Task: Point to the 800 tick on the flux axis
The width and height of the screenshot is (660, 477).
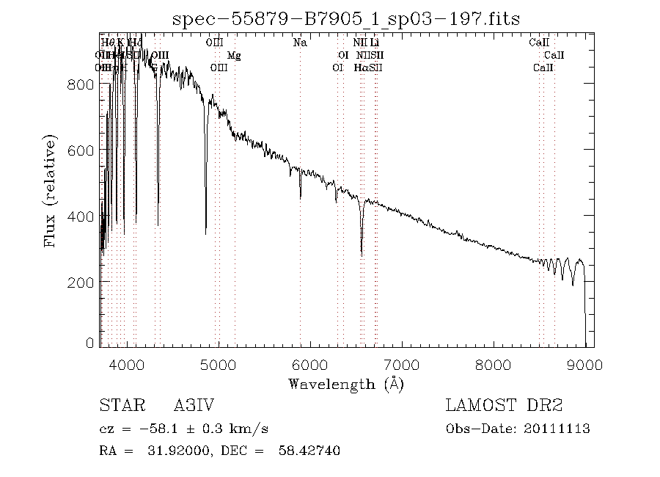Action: [84, 84]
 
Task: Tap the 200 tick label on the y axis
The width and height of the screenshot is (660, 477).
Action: [84, 282]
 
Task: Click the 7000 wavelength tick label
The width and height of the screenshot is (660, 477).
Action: [402, 365]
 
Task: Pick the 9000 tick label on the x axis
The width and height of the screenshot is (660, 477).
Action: [584, 365]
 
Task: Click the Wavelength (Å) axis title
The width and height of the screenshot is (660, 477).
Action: [345, 383]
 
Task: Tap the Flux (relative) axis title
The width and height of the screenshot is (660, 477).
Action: [51, 190]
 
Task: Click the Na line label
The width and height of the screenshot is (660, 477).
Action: [299, 43]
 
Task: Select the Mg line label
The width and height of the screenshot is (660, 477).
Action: [233, 55]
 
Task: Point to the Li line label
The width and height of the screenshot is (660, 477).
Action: [374, 43]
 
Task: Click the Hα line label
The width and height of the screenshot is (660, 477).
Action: [361, 68]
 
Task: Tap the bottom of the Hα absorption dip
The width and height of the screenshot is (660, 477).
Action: [362, 255]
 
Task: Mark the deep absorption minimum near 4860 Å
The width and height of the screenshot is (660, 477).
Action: [206, 233]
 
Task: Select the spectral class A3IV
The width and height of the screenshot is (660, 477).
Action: [194, 406]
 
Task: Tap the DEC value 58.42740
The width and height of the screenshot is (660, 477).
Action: [311, 451]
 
